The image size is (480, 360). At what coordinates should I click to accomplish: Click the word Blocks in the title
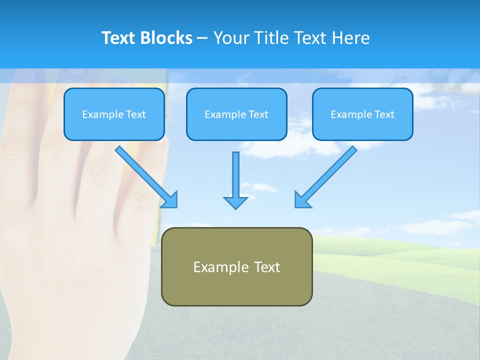167,38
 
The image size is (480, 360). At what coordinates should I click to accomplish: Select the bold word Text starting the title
119,38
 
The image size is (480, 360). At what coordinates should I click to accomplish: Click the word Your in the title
231,38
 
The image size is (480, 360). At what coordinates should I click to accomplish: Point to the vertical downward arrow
235,175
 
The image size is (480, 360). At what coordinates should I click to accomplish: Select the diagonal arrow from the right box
330,172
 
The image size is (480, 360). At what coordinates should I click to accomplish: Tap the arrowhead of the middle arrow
235,202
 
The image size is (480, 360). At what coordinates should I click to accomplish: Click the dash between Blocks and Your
202,38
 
